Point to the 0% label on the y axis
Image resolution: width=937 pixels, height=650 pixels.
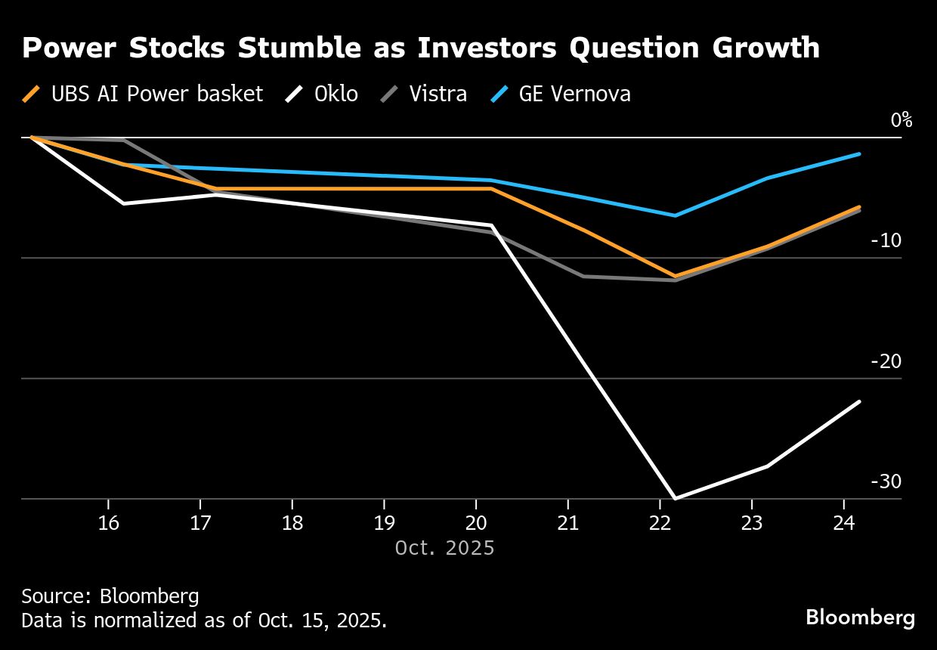[901, 120]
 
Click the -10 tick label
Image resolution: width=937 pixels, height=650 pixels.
[886, 240]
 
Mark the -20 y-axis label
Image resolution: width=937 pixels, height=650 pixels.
[886, 361]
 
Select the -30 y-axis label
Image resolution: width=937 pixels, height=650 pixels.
[886, 481]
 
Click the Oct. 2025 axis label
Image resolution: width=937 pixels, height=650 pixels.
[444, 547]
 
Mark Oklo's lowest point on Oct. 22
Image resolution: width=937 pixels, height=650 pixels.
[675, 498]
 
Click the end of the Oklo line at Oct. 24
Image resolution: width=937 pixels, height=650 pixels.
[859, 401]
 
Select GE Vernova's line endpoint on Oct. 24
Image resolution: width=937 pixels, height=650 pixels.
[859, 154]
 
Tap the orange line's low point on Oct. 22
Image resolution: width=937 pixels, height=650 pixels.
[675, 276]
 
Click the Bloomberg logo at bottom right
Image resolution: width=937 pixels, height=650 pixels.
[860, 617]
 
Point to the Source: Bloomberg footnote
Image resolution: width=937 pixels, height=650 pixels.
[110, 596]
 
